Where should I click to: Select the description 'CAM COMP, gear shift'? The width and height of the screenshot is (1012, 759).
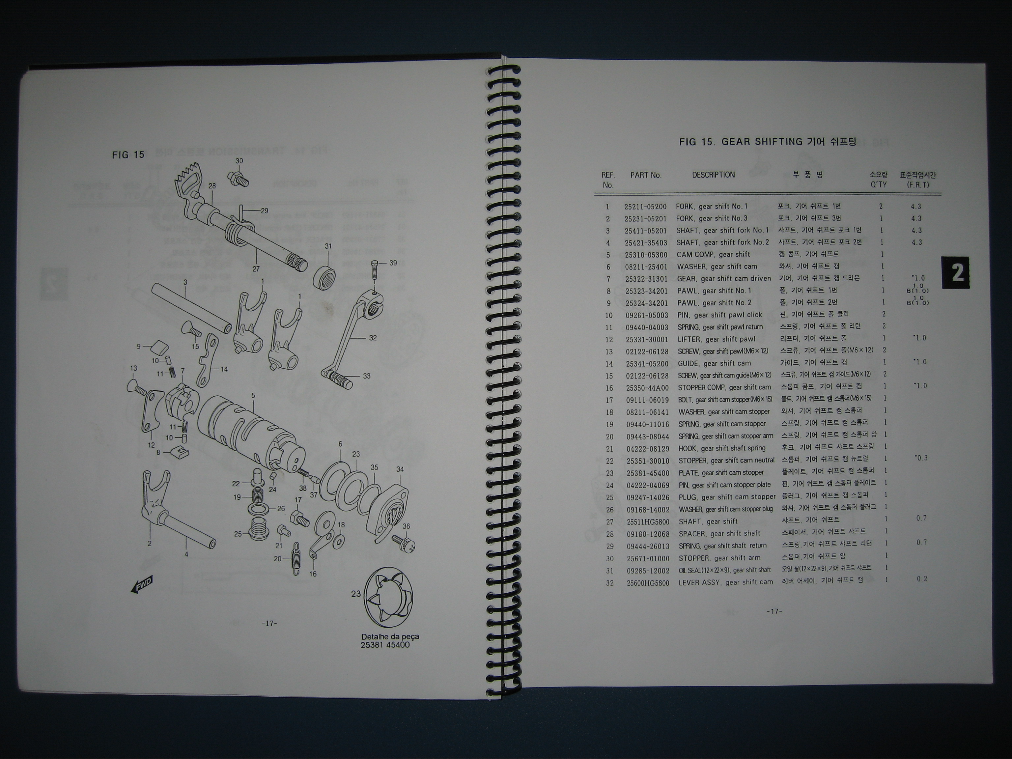[713, 254]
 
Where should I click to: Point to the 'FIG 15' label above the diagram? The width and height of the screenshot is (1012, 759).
[128, 155]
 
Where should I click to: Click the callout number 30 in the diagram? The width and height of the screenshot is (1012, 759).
[239, 161]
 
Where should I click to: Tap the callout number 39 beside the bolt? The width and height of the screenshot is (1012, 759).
[393, 263]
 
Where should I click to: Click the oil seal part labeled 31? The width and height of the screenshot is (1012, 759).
[325, 276]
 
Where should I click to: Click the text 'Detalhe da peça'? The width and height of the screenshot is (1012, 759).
[390, 636]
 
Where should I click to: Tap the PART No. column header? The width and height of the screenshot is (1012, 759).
[646, 175]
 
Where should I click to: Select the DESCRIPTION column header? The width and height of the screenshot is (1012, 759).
[713, 175]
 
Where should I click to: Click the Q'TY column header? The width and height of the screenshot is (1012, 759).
[878, 184]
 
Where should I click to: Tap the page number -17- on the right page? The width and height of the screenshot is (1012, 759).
[774, 612]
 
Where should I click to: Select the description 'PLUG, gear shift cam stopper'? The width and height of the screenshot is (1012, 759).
[727, 497]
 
